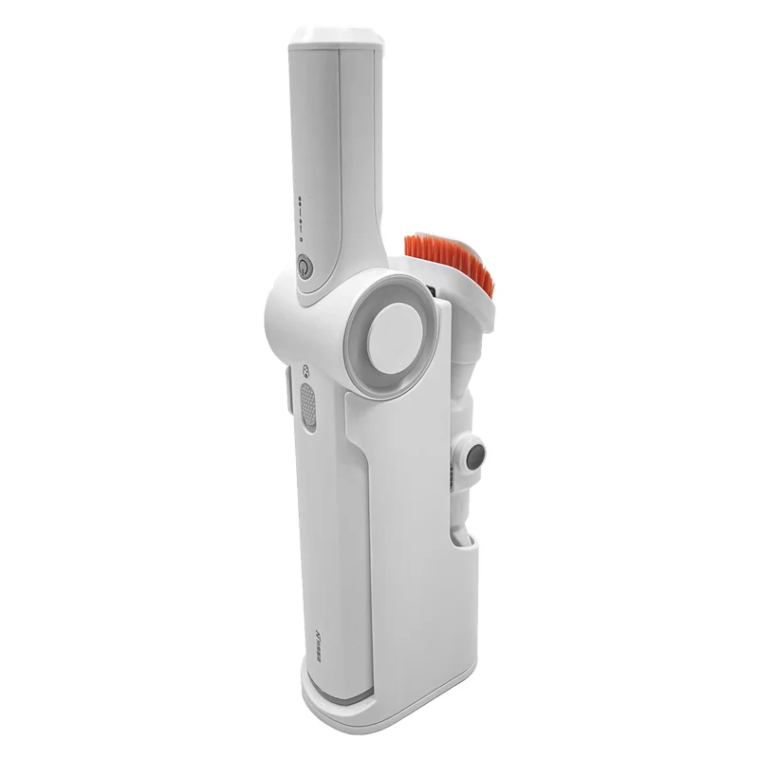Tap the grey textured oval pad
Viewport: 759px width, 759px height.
pyautogui.click(x=306, y=406)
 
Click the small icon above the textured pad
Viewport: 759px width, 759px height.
pyautogui.click(x=305, y=373)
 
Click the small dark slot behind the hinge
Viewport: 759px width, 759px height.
pyautogui.click(x=431, y=287)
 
